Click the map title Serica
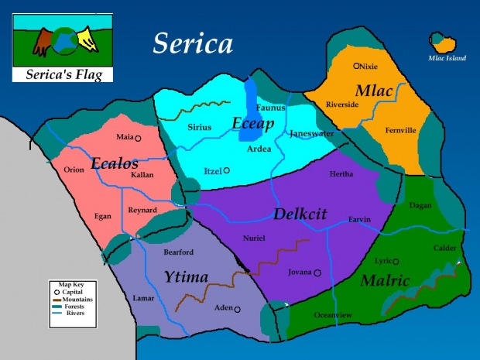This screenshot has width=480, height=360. (x=193, y=43)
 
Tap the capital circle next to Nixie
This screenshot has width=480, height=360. (x=357, y=67)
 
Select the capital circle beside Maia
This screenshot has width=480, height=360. (x=138, y=139)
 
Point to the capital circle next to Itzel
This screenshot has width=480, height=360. (x=227, y=170)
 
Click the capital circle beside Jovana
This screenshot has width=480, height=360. (x=317, y=273)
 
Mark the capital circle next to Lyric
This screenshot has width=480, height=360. (x=396, y=262)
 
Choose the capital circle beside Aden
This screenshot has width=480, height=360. (x=237, y=309)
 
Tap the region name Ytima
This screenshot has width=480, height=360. (x=185, y=276)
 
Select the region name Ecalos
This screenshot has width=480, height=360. (x=115, y=163)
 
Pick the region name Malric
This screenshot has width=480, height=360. (x=385, y=280)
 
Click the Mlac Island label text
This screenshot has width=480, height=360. (x=447, y=58)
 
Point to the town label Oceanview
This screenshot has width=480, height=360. (x=333, y=315)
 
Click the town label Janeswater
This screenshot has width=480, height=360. (x=312, y=133)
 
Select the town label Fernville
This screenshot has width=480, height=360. (x=401, y=130)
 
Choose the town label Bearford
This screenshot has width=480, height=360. (x=179, y=252)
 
